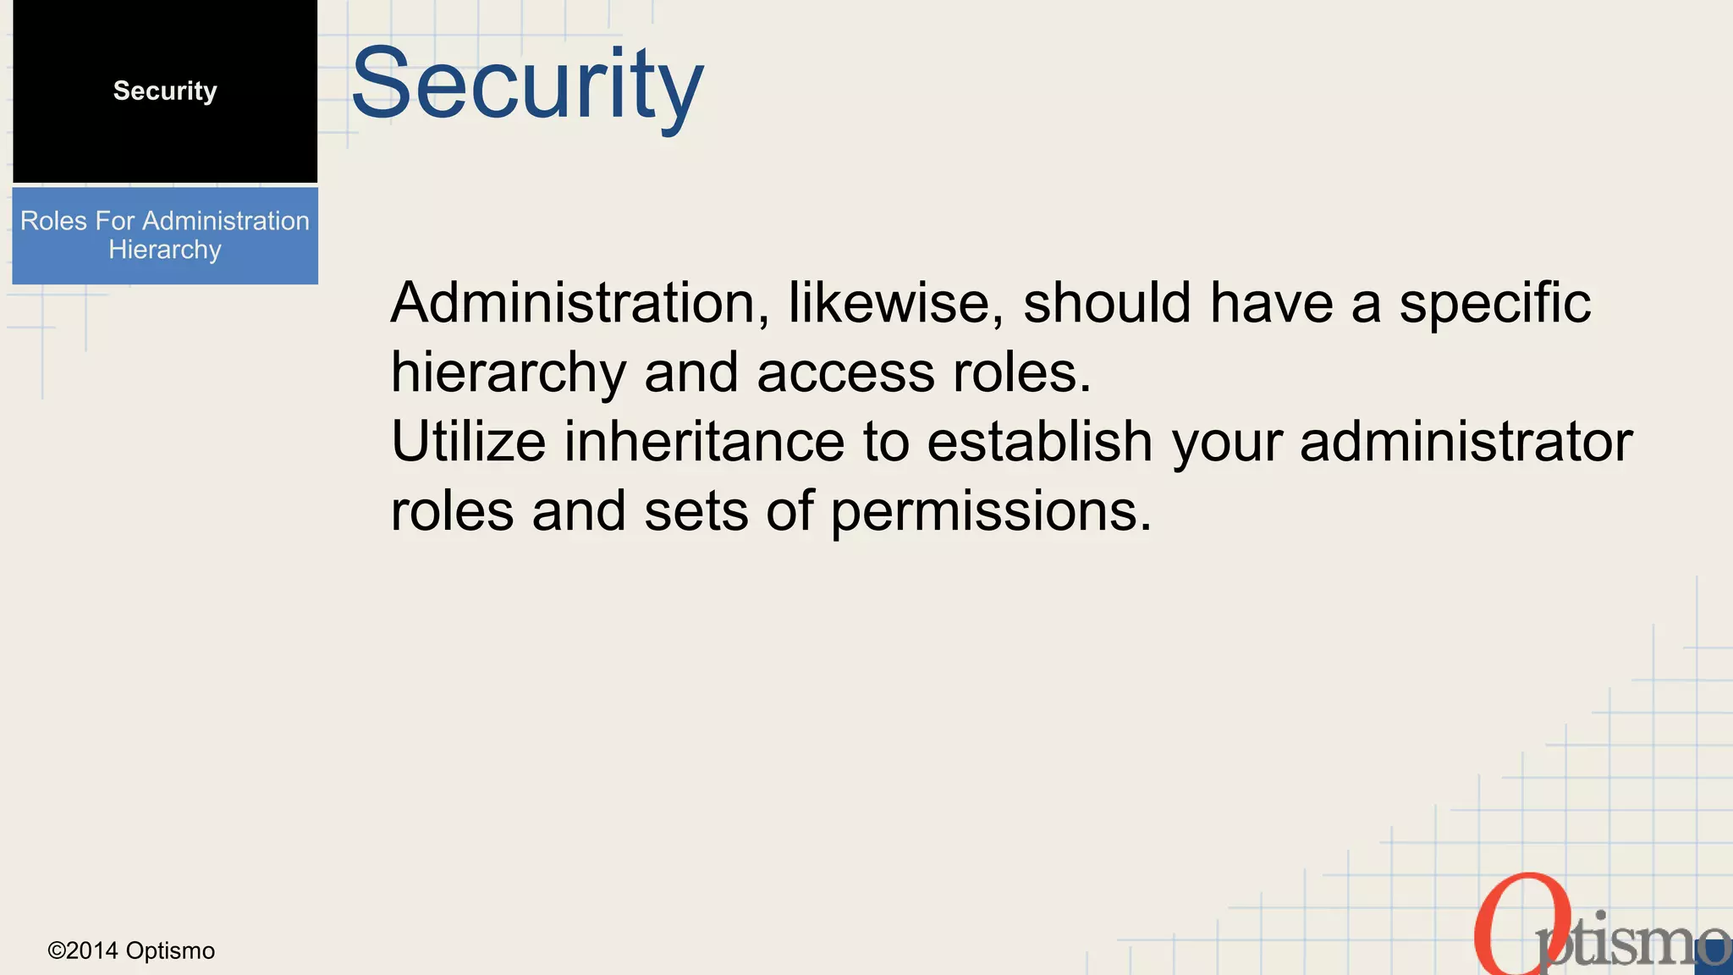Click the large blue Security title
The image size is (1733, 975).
[526, 85]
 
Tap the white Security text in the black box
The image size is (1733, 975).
[165, 91]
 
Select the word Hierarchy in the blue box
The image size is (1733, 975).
[165, 250]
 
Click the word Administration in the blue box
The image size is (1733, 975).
[225, 221]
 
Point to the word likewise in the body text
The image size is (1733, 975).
[895, 303]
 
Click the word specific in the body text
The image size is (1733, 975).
[1494, 303]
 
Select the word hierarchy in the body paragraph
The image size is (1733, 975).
[509, 372]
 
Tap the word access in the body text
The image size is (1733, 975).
[845, 372]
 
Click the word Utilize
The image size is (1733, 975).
[468, 442]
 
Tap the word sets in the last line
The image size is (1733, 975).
[696, 511]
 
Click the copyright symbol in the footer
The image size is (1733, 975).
[57, 951]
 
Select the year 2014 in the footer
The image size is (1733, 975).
[92, 951]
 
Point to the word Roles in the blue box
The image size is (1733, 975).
[53, 221]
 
